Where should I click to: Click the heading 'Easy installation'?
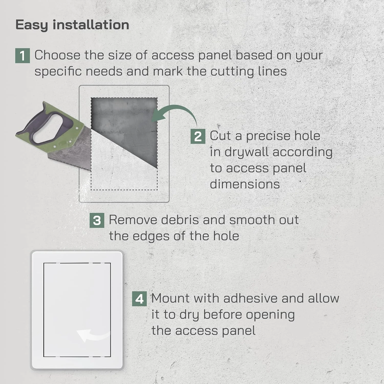(72, 25)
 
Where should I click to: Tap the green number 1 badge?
(23, 56)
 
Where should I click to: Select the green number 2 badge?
(198, 136)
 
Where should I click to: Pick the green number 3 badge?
(97, 220)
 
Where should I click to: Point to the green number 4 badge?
(139, 299)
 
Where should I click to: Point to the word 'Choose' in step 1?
(57, 55)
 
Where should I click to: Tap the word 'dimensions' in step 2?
(245, 184)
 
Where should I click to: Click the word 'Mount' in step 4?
(170, 298)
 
